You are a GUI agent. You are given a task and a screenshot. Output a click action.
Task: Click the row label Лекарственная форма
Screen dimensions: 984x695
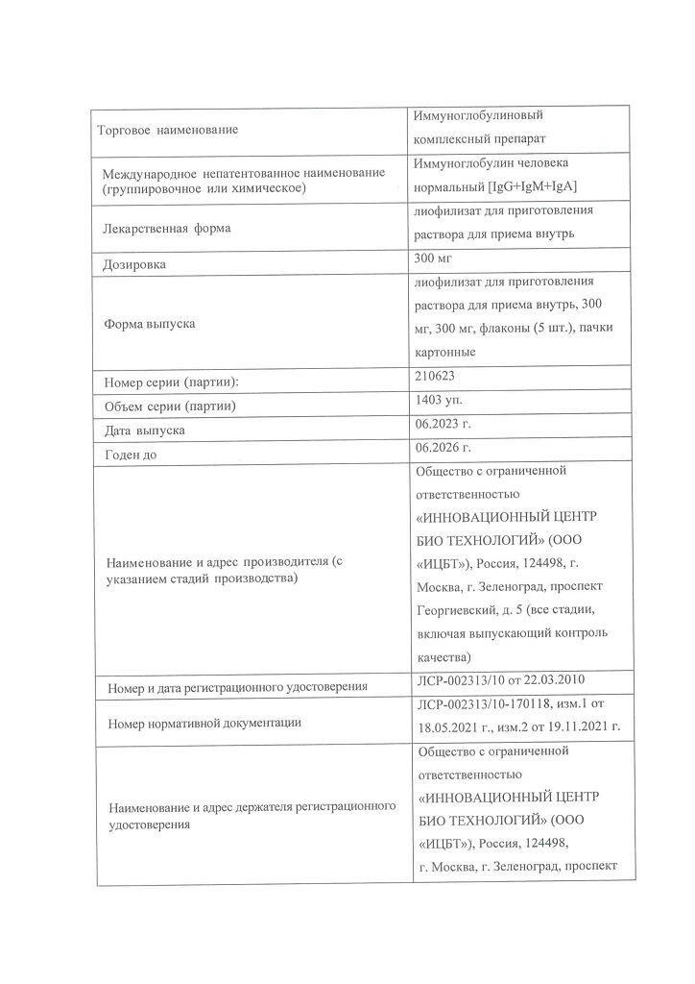pyautogui.click(x=165, y=229)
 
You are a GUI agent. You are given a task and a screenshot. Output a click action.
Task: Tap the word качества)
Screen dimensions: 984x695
pyautogui.click(x=443, y=657)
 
